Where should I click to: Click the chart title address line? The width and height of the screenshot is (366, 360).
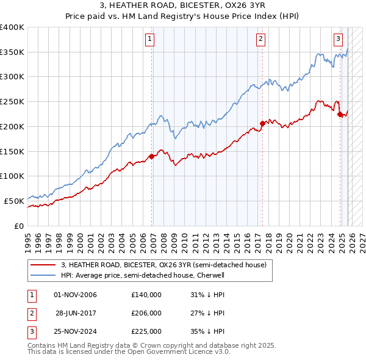coord(183,5)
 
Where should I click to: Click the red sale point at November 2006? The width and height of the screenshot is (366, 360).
coord(152,156)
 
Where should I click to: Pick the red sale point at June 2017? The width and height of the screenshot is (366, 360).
coord(262,123)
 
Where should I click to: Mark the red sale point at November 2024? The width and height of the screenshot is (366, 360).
coord(340,114)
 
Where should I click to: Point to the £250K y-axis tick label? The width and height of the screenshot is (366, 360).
coord(12,102)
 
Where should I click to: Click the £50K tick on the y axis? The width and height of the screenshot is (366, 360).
coord(14,201)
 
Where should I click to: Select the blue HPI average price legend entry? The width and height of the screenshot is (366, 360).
coord(143,275)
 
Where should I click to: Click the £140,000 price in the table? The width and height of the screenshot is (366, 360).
coord(146,295)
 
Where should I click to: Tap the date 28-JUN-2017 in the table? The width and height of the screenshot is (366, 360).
coord(76,313)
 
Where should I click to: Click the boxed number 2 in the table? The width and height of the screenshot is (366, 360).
coord(31,313)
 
